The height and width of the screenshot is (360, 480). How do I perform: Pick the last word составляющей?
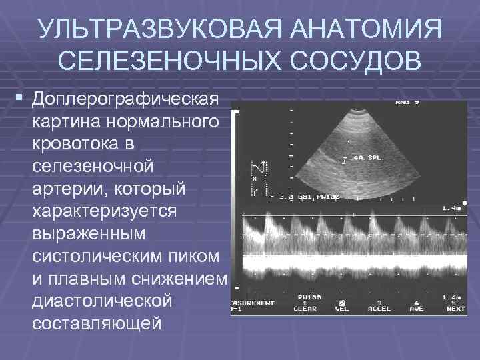click(96, 322)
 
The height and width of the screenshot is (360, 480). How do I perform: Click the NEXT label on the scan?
click(456, 309)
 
